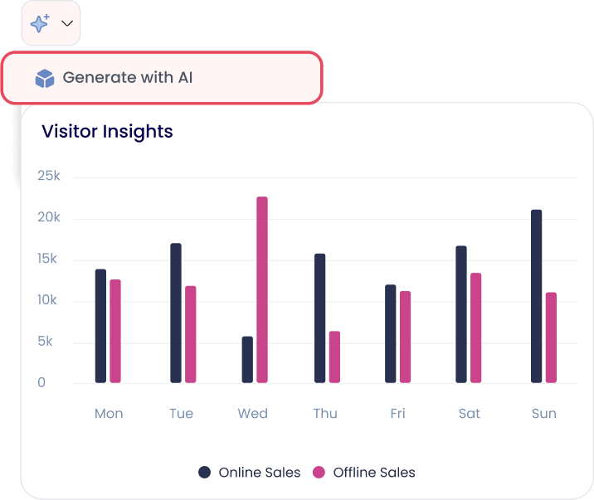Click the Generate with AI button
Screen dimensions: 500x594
[x=161, y=78]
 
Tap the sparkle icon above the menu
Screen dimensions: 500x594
[x=40, y=24]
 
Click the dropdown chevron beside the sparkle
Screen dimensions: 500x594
[x=68, y=24]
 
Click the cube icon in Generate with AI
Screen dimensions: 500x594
[x=44, y=79]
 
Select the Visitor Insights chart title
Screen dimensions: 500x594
[x=107, y=131]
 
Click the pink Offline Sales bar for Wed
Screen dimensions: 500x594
[x=262, y=289]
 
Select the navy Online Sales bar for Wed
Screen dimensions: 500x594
[x=247, y=359]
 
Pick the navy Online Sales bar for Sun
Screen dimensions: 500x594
[x=537, y=296]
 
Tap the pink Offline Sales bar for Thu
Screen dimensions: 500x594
[x=334, y=357]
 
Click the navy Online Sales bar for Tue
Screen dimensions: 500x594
[x=176, y=313]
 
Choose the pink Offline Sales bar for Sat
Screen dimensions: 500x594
[x=475, y=328]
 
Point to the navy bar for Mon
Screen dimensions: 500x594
[x=100, y=326]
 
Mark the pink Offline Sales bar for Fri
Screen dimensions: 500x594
[x=405, y=337]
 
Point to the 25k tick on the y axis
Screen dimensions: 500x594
[x=49, y=177]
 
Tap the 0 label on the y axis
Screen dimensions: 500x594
[x=41, y=383]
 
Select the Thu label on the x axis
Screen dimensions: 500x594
[x=325, y=414]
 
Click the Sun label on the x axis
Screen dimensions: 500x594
[x=543, y=414]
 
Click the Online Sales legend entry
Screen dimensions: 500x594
[x=250, y=473]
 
